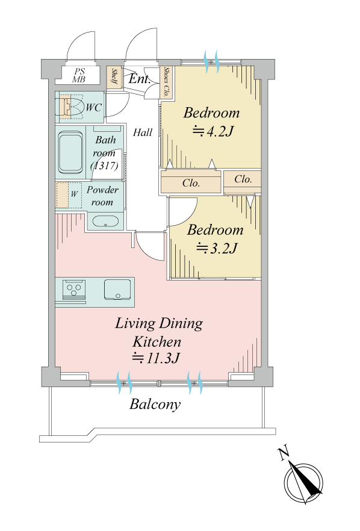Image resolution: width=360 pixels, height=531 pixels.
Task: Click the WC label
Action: [x=93, y=108]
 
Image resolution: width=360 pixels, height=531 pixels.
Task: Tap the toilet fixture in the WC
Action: [x=72, y=107]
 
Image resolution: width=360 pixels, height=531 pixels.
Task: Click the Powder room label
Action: [x=102, y=196]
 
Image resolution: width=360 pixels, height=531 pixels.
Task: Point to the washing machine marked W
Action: [x=69, y=195]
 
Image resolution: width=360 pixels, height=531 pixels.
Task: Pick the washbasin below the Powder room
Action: [x=105, y=222]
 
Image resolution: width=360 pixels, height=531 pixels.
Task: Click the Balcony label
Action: [x=155, y=405]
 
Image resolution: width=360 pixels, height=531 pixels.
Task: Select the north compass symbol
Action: [x=302, y=477]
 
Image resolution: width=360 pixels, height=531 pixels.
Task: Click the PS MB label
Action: [x=79, y=75]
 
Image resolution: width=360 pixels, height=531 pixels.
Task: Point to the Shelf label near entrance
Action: [x=114, y=78]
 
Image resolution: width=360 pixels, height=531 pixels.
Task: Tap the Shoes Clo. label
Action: [x=166, y=82]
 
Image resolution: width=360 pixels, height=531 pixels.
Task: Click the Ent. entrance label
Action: [x=139, y=79]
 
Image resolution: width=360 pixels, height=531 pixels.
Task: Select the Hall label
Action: [x=143, y=132]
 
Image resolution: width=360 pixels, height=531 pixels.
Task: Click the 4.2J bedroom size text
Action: [x=214, y=131]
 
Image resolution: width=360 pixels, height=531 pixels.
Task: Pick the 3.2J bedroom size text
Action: [x=217, y=248]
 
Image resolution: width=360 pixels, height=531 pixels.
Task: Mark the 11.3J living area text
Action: [x=155, y=358]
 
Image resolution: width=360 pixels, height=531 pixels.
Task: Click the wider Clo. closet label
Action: [x=191, y=183]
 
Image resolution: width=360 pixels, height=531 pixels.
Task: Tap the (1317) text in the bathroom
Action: [x=104, y=166]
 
